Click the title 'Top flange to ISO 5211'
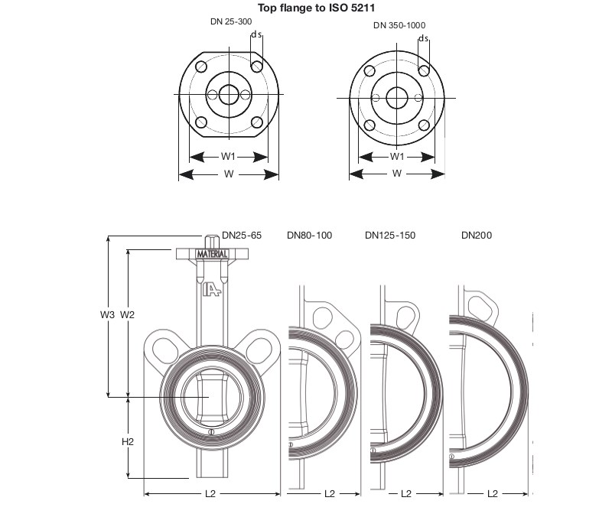click(316, 8)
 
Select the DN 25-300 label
click(231, 21)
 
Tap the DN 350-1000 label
click(399, 25)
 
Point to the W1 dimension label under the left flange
click(228, 157)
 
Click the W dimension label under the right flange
click(396, 174)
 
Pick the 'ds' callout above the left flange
click(256, 34)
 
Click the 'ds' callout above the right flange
click(424, 38)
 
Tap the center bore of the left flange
click(228, 94)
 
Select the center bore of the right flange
click(397, 98)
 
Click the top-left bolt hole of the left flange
click(201, 67)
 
